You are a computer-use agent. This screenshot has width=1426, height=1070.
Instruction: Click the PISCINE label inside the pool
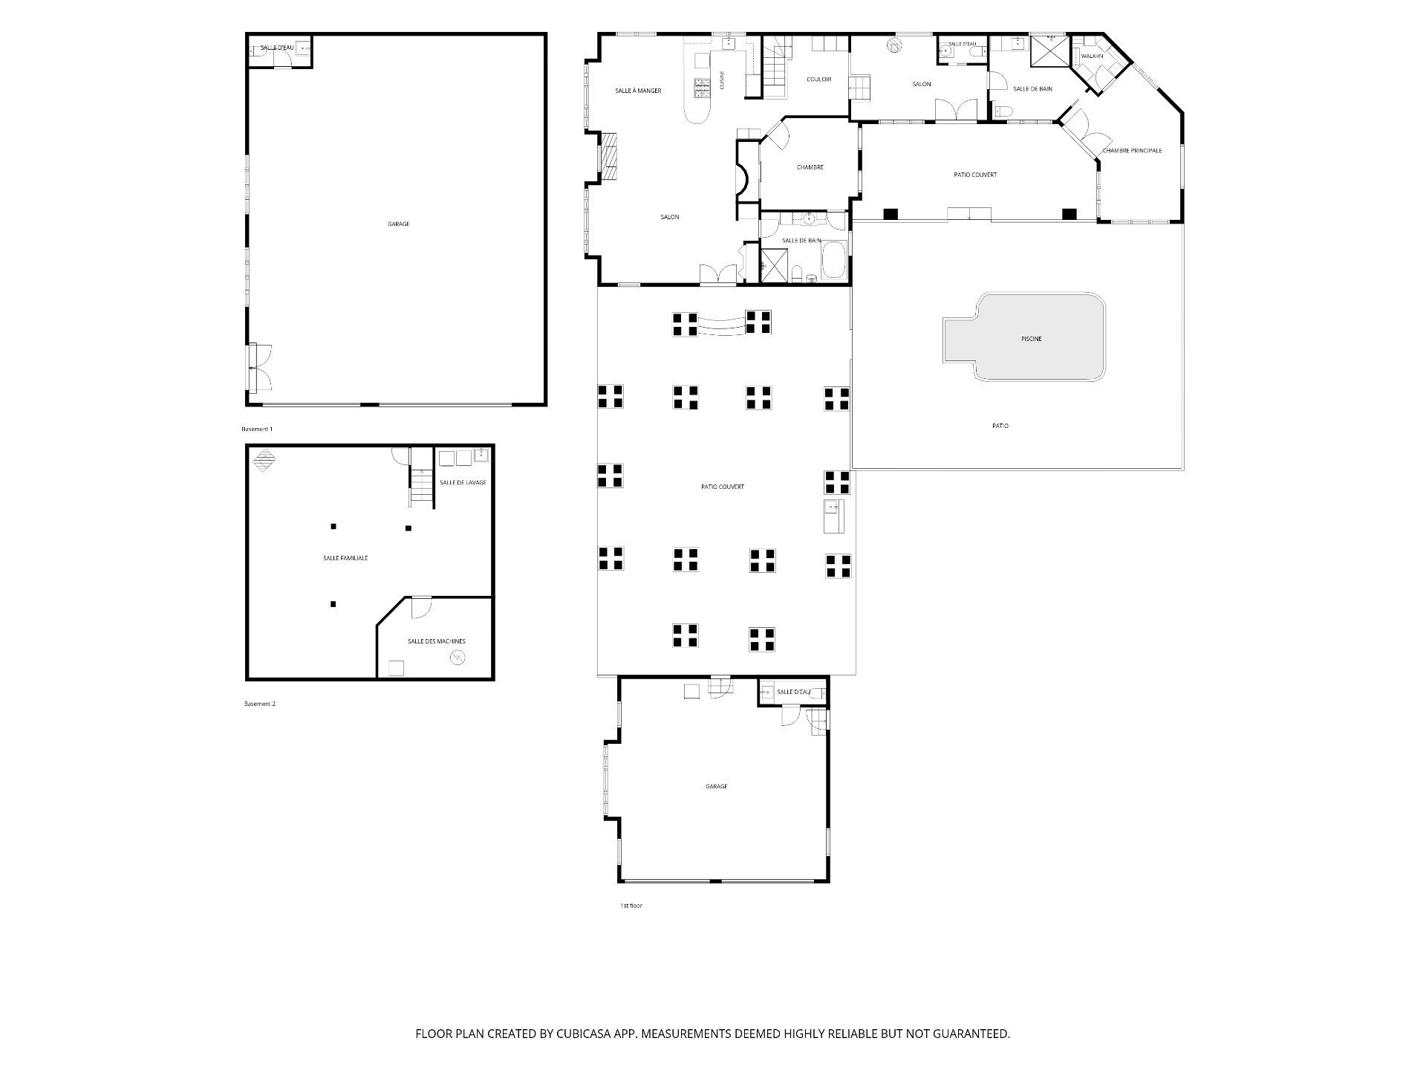[1031, 339]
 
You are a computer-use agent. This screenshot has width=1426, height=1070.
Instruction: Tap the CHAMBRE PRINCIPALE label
[1132, 151]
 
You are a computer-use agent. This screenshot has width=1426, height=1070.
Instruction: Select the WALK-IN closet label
[1092, 56]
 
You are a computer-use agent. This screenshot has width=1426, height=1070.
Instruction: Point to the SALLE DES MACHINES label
[437, 641]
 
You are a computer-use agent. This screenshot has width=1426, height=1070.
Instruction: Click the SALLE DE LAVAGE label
[463, 482]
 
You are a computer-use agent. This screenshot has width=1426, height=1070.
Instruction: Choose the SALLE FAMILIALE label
[345, 558]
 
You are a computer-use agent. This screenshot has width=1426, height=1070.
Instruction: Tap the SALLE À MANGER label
[638, 91]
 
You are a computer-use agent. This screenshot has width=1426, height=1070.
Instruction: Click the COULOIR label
[819, 80]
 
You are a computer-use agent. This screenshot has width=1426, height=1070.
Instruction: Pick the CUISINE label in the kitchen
[722, 80]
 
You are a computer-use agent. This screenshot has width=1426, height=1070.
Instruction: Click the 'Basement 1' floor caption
[257, 429]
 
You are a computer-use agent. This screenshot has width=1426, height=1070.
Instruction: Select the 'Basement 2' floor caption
[260, 704]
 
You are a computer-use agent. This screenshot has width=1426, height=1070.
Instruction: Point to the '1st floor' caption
[631, 906]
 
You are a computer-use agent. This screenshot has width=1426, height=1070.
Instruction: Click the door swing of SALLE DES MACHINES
[421, 608]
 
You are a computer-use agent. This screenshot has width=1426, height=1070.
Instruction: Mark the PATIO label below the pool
[1000, 426]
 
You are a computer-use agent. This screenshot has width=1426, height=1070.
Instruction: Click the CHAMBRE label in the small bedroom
[810, 167]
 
